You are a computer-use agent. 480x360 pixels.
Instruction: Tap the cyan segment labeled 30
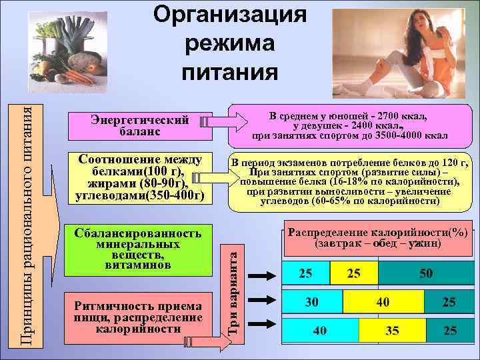(x=312, y=302)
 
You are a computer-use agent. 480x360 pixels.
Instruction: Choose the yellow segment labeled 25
(x=353, y=274)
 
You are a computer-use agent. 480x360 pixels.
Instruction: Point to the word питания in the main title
(x=230, y=71)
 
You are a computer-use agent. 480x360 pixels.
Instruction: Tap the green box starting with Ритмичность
(x=139, y=317)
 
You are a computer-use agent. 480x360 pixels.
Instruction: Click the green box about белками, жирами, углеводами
(x=139, y=178)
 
